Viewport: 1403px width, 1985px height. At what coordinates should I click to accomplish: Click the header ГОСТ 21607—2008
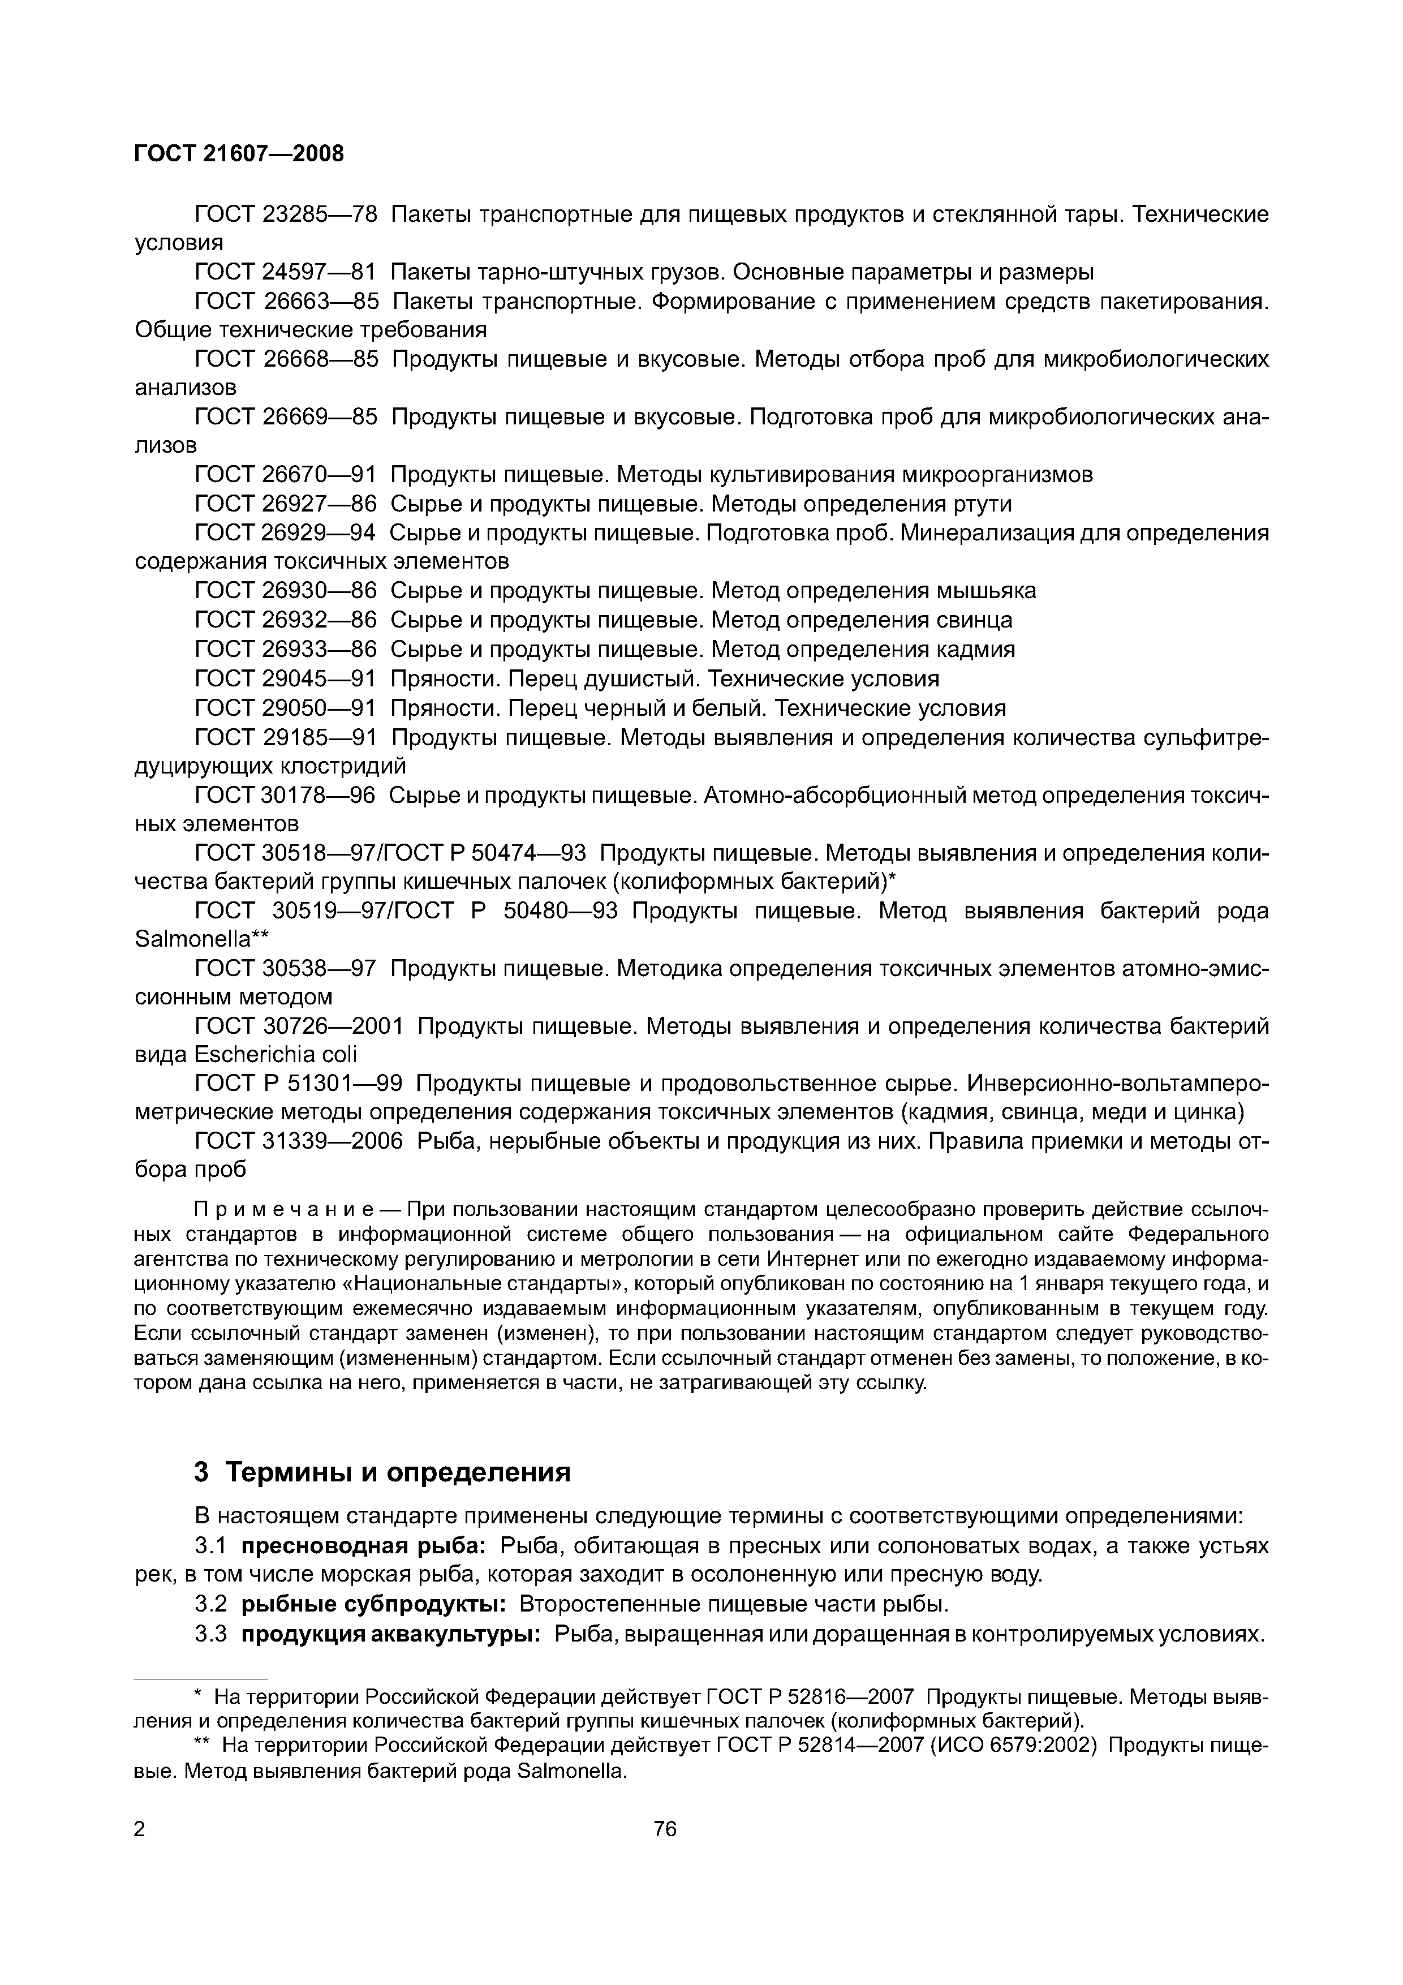[x=239, y=153]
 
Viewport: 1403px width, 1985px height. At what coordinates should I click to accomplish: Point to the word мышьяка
[x=986, y=591]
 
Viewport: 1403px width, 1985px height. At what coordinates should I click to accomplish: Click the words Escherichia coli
[x=275, y=1055]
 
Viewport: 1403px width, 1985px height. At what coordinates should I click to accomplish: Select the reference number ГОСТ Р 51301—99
[x=299, y=1083]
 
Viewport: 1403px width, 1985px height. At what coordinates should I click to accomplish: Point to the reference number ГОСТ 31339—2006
[x=299, y=1141]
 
